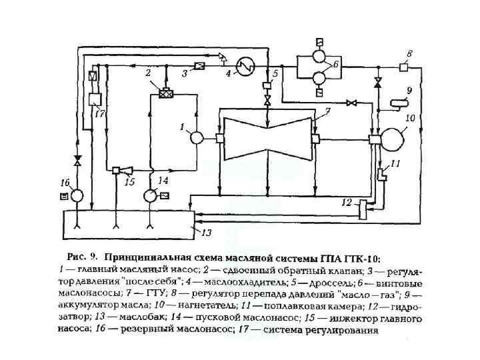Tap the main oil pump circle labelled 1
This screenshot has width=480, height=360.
coord(197,138)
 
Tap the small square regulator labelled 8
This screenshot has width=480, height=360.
coord(404,66)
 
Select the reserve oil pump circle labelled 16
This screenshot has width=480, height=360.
coord(77,195)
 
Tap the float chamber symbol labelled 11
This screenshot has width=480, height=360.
coord(383,175)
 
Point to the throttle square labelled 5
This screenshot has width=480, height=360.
coord(267,86)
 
